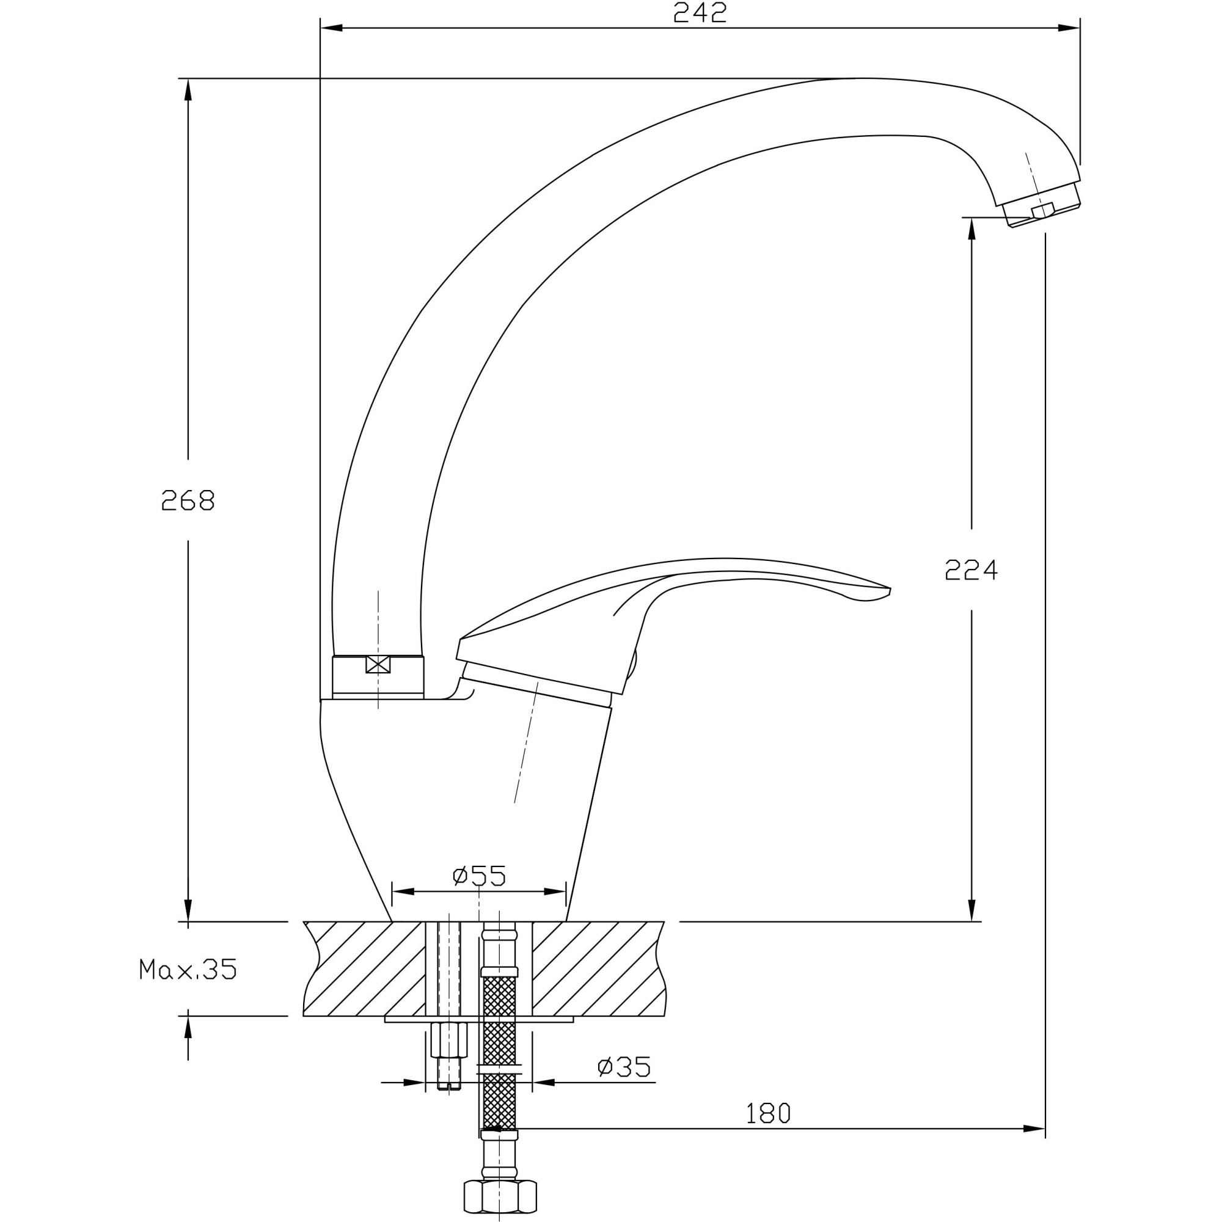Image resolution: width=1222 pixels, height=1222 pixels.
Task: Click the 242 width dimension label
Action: pyautogui.click(x=700, y=13)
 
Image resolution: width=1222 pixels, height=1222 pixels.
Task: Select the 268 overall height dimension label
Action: pyautogui.click(x=188, y=500)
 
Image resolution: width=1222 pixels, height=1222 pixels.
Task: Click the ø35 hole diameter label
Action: pyautogui.click(x=624, y=1067)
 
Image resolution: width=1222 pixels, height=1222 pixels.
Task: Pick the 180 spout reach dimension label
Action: pyautogui.click(x=768, y=1114)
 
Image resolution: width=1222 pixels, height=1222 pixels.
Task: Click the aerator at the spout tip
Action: pyautogui.click(x=1042, y=205)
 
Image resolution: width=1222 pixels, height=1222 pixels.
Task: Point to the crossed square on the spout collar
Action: pyautogui.click(x=378, y=665)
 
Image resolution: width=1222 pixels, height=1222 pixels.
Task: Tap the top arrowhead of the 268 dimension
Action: pyautogui.click(x=188, y=89)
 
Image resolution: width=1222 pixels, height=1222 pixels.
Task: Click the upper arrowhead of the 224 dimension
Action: pyautogui.click(x=971, y=229)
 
